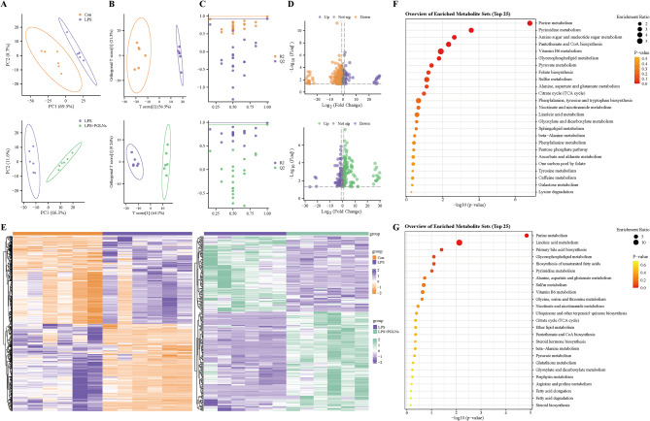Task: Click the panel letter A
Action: pyautogui.click(x=5, y=6)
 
